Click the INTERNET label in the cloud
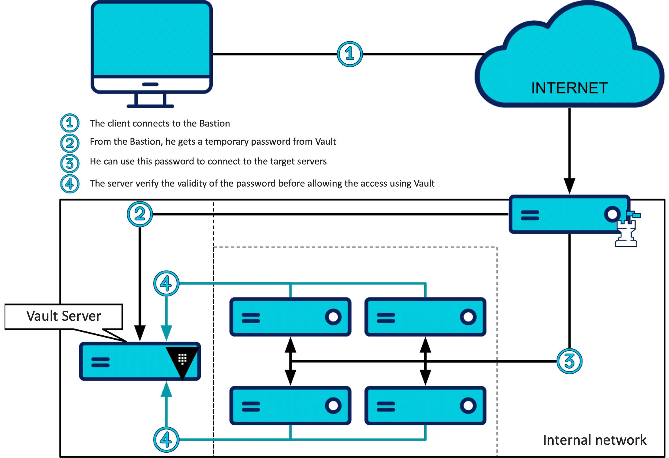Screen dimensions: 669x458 click(x=569, y=88)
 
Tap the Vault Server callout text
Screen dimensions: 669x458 click(x=64, y=316)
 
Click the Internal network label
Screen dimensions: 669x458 click(x=595, y=440)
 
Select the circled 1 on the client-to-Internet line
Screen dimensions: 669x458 click(x=350, y=54)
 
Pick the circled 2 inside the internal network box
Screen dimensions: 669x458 click(x=140, y=214)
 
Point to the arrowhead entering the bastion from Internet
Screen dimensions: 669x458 click(x=569, y=186)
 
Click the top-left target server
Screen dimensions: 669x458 click(x=290, y=317)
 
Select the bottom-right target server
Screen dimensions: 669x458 click(x=425, y=405)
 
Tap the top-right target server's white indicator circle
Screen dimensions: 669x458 click(x=468, y=317)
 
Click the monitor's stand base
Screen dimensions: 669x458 click(x=150, y=106)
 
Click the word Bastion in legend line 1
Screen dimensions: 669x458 click(x=215, y=123)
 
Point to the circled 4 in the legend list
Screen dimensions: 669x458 click(x=70, y=183)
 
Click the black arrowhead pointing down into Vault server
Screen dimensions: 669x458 click(x=140, y=333)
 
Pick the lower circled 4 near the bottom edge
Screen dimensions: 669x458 click(x=166, y=439)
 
